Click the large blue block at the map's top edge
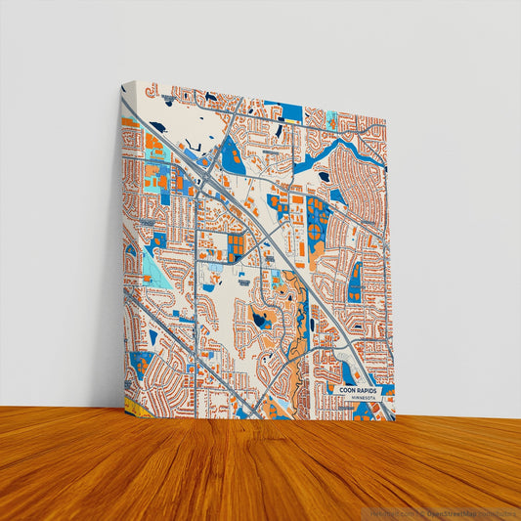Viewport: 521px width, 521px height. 282,109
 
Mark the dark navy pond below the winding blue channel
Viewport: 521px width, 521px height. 323,177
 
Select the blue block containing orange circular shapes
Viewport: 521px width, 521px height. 318,219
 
